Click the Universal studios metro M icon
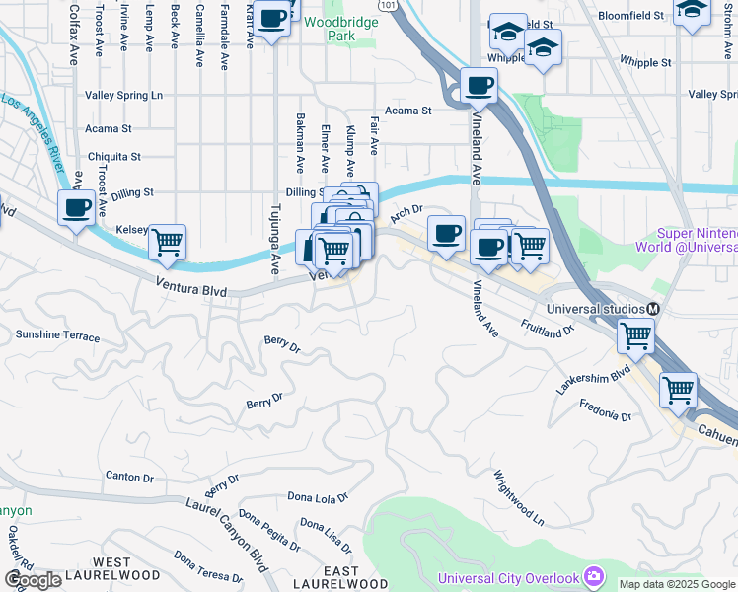653,309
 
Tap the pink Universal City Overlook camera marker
593,575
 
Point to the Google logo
34,580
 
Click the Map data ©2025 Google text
676,584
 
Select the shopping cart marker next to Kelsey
168,241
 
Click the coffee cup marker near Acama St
479,85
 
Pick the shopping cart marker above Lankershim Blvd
635,335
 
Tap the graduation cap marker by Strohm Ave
693,10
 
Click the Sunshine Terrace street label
57,336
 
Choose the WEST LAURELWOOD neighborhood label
112,567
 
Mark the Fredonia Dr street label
606,410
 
